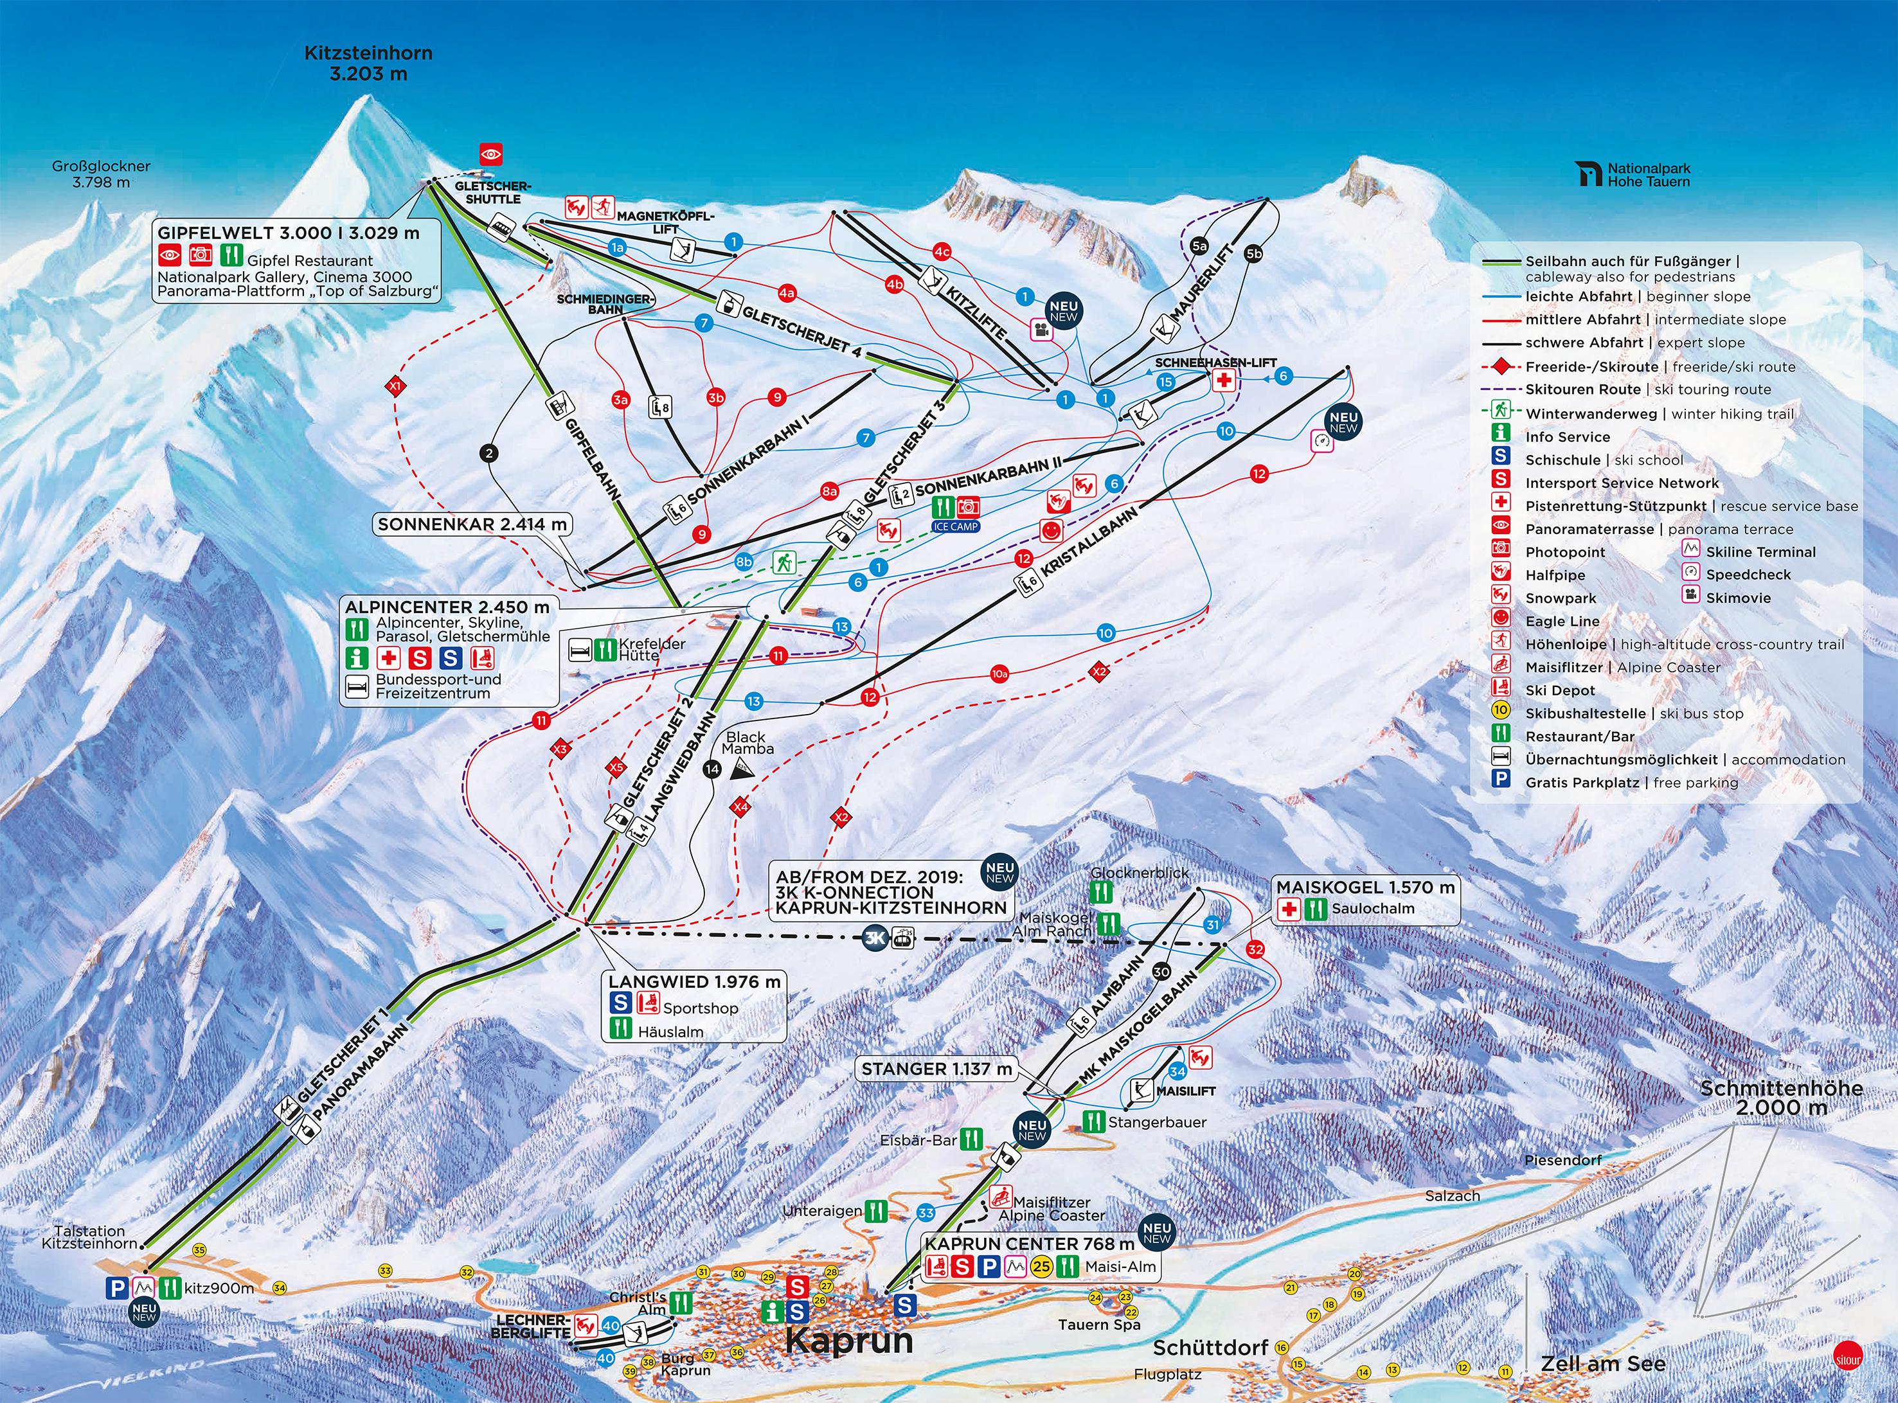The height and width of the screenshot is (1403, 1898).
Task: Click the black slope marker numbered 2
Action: click(x=488, y=454)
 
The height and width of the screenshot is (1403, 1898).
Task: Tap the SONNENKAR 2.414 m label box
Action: click(x=472, y=524)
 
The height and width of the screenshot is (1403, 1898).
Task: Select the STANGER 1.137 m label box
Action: click(x=936, y=1069)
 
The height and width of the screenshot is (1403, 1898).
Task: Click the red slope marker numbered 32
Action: click(x=1256, y=949)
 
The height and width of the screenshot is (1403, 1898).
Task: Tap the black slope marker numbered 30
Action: click(x=1161, y=972)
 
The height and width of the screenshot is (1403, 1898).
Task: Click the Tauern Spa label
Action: click(x=1099, y=1325)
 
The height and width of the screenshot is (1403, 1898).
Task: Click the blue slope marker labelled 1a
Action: click(x=618, y=247)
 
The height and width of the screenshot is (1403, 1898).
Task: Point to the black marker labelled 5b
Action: click(x=1253, y=253)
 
